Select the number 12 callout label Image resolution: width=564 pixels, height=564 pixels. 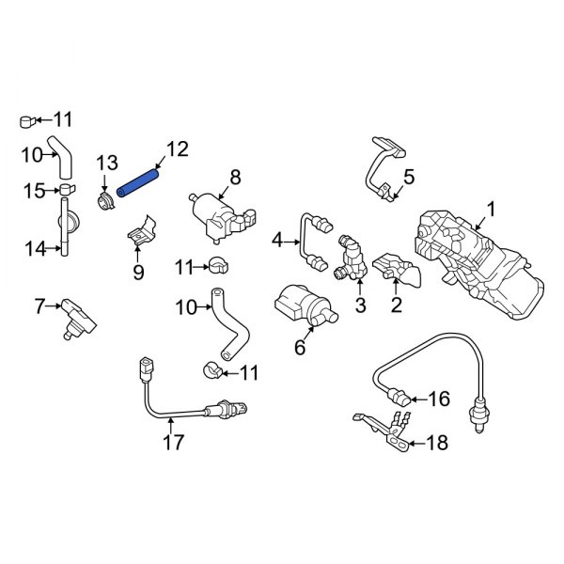177,149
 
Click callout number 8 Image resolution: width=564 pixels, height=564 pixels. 235,176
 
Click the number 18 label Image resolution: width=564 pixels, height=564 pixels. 438,442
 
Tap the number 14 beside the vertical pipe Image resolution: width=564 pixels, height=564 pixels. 35,248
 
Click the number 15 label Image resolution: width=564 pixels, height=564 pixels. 35,191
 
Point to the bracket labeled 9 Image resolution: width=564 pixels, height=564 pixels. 141,234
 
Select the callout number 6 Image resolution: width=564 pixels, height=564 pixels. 300,348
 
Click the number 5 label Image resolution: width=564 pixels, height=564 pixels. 408,176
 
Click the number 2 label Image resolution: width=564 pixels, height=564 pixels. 397,305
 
